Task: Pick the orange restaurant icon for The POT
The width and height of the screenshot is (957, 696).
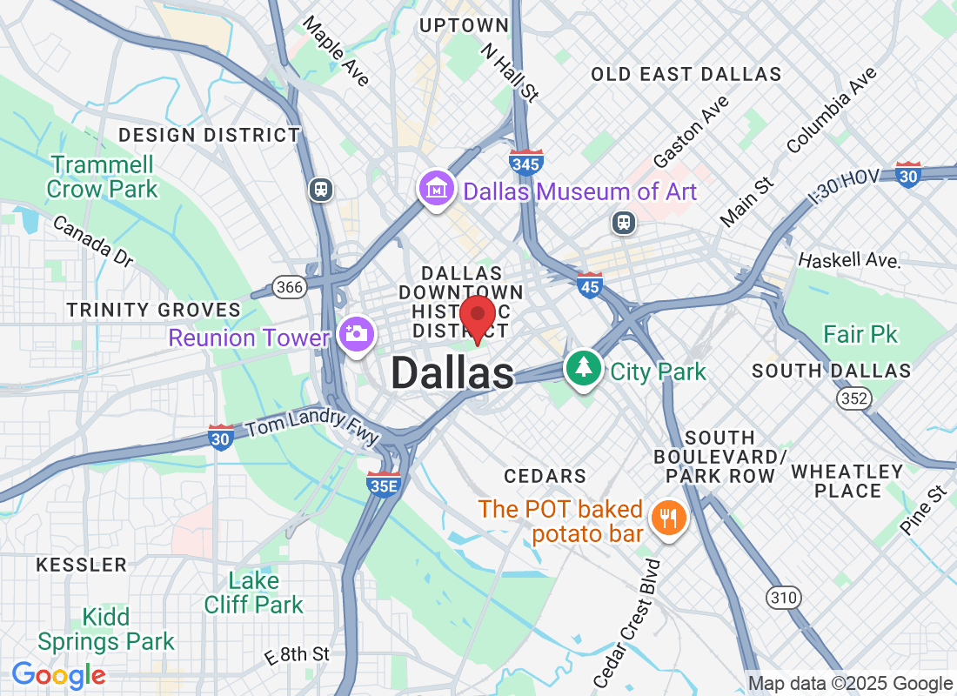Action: pos(668,519)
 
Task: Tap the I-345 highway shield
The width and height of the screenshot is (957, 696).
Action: pos(526,161)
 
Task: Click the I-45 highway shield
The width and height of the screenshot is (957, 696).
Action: pos(590,284)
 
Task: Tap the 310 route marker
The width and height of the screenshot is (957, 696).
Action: pos(783,597)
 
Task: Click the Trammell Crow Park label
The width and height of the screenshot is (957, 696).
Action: pos(103,177)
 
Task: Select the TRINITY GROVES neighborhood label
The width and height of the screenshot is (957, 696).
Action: pos(154,310)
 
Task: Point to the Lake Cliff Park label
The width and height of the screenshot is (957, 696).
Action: pos(254,592)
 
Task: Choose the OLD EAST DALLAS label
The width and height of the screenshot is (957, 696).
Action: pos(686,75)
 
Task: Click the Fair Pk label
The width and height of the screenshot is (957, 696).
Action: pos(860,334)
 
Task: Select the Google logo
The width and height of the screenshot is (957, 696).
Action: pos(59,674)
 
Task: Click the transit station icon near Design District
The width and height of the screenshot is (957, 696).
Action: pos(321,188)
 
